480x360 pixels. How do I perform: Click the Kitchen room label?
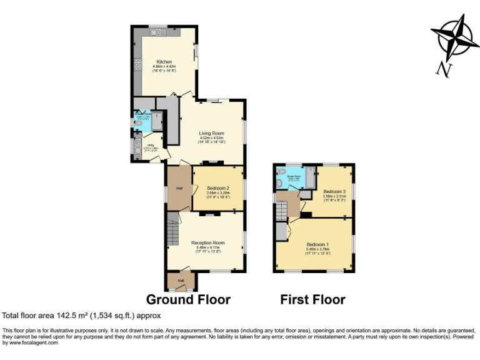point(164,62)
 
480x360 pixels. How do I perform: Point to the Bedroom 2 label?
point(218,188)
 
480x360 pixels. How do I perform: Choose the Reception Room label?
point(207,242)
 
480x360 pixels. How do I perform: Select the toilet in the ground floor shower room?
point(137,124)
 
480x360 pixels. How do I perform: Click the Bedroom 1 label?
point(317,244)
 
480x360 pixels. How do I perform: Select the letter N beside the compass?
point(444,69)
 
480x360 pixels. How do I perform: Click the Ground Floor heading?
point(187,300)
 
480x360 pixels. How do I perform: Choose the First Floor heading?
point(312,300)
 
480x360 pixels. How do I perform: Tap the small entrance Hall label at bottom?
point(181,281)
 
